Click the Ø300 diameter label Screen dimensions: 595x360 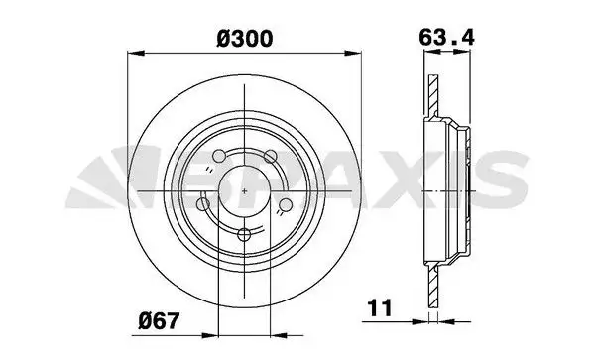[x=245, y=39]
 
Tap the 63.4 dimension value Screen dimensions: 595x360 [x=446, y=38]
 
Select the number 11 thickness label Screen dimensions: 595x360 [x=380, y=307]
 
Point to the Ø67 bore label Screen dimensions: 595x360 [x=159, y=321]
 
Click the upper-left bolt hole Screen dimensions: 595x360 [x=219, y=156]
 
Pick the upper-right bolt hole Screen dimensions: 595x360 [x=271, y=156]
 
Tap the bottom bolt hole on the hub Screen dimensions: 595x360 [x=244, y=234]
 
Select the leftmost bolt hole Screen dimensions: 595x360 [x=203, y=205]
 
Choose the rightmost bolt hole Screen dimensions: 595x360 [x=286, y=205]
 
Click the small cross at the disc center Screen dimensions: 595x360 [x=244, y=191]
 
